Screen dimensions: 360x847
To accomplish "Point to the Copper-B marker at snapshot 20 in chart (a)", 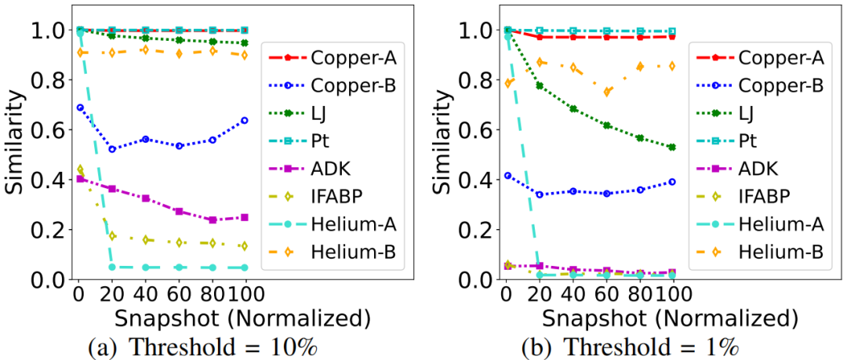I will click(x=112, y=149).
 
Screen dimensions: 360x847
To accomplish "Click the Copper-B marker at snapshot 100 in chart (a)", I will click(x=245, y=120).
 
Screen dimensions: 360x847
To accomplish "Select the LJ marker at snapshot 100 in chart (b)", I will click(x=672, y=147).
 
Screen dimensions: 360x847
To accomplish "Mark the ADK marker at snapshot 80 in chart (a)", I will click(x=212, y=220).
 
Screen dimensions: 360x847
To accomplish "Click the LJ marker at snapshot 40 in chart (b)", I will click(x=573, y=109).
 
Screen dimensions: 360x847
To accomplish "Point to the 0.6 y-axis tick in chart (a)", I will click(x=53, y=129).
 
